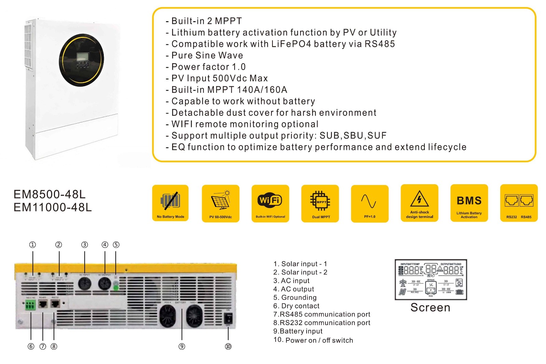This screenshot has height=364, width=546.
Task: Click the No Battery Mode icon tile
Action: [170, 203]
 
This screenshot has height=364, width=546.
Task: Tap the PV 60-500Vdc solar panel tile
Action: [220, 204]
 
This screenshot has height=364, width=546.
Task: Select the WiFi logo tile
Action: [270, 204]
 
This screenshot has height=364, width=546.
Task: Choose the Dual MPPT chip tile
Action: [320, 204]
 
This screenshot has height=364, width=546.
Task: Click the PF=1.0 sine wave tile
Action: [369, 204]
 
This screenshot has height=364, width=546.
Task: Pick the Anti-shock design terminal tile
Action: [419, 203]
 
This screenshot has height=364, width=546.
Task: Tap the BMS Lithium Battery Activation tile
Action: [469, 203]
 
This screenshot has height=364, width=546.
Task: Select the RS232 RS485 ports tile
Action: [519, 203]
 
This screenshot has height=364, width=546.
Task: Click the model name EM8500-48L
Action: [50, 194]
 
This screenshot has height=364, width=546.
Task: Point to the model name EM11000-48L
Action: [53, 207]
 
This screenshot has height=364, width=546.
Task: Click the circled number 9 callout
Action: [182, 346]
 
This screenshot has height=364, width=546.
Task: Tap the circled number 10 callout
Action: [228, 346]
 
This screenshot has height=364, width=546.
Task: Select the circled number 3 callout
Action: [84, 244]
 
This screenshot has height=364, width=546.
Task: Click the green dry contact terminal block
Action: [30, 305]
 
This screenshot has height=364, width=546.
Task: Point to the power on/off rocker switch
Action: [228, 318]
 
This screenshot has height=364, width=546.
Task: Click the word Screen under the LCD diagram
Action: [430, 307]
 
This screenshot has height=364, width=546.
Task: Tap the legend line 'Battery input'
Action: [298, 331]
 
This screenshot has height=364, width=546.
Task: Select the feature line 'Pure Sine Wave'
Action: [207, 55]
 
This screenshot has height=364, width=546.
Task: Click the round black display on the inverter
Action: [81, 60]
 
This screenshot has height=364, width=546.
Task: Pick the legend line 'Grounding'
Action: [295, 297]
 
